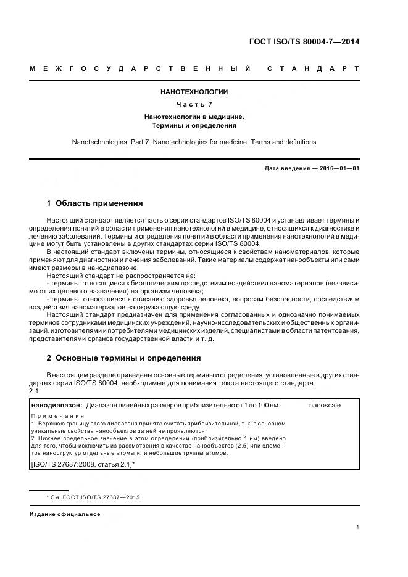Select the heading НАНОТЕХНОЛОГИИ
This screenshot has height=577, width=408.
194,92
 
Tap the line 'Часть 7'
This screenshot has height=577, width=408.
194,104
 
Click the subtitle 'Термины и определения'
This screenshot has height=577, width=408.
194,125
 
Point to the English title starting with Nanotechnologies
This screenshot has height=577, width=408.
194,142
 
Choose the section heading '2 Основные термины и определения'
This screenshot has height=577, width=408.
123,358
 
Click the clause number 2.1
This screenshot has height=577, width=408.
34,391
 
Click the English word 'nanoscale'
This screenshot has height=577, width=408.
325,405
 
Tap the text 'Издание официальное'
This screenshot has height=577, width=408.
65,514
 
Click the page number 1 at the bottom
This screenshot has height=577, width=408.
358,526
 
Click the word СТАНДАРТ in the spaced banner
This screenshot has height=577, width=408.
313,67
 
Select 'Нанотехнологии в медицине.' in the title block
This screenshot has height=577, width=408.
194,116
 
